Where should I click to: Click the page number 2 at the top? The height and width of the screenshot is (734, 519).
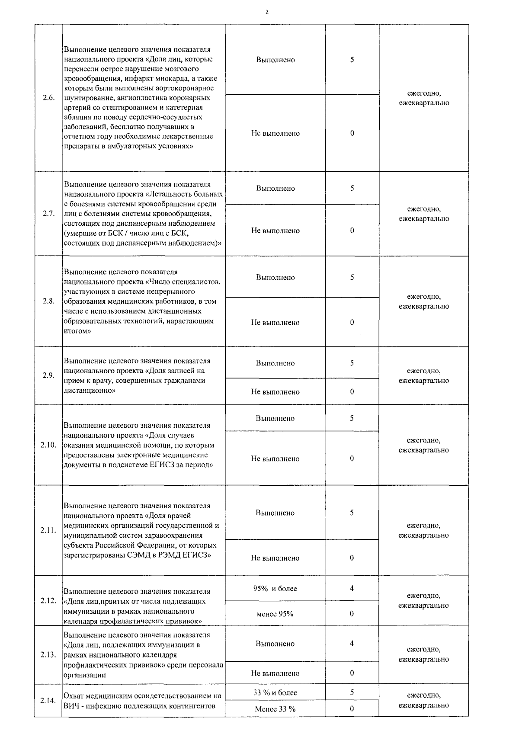(266, 12)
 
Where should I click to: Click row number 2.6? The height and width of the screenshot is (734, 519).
(49, 98)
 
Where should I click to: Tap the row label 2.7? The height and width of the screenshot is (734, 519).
(49, 214)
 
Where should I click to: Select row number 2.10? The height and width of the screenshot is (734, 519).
(48, 445)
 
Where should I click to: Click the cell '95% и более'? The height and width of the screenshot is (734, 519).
(275, 588)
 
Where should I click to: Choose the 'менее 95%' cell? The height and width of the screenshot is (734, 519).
(275, 614)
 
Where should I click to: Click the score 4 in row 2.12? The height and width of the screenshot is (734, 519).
(352, 588)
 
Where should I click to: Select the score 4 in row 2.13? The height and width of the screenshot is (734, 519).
(352, 644)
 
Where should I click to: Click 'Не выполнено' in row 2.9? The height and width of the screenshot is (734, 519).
(275, 392)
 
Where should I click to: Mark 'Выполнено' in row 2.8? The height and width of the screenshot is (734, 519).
(275, 277)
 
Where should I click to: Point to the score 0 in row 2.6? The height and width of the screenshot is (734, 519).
(352, 133)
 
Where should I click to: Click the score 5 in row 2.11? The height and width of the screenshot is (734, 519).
(352, 513)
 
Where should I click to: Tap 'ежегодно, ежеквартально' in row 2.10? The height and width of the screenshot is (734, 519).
(424, 445)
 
